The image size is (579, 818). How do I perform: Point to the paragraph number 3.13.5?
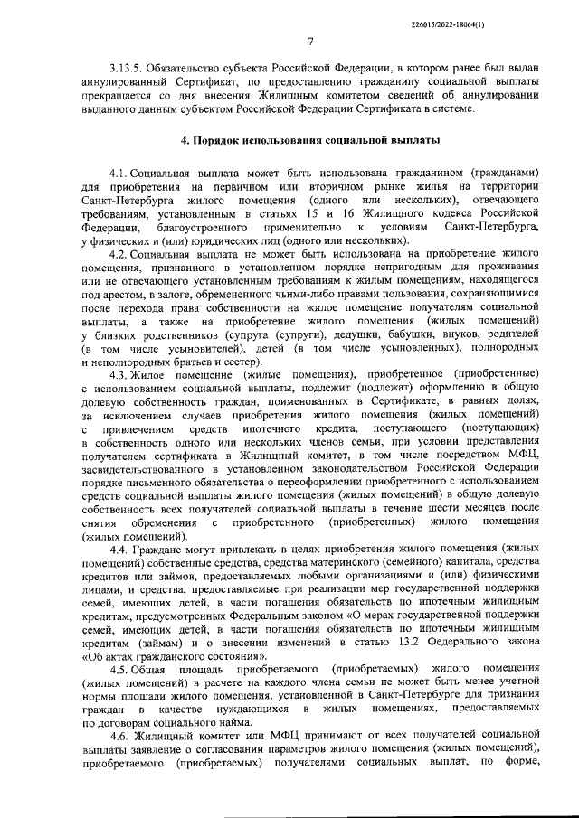pos(127,69)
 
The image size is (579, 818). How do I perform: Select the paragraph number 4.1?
pos(118,172)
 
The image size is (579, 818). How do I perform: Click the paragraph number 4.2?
pos(118,256)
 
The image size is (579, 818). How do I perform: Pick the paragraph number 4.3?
pos(118,399)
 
